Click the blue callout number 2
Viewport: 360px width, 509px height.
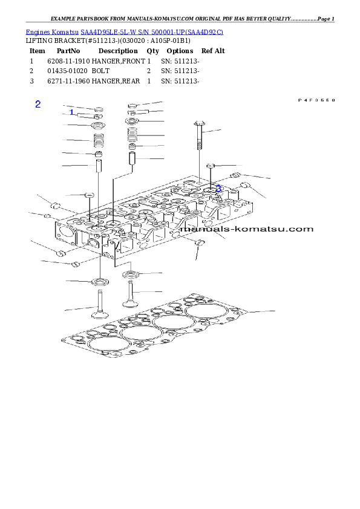[38, 104]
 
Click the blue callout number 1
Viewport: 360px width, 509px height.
[71, 112]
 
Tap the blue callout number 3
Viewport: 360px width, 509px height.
[218, 189]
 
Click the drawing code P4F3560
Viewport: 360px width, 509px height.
[316, 100]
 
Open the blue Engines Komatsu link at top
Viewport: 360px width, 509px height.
[124, 31]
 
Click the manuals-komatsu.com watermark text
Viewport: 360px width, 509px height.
[247, 229]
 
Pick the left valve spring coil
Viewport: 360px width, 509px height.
[98, 141]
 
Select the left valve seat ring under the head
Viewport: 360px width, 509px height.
[99, 282]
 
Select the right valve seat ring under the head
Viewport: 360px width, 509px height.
[130, 275]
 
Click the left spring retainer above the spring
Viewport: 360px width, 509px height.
[98, 126]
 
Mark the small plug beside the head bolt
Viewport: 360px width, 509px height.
[211, 166]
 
